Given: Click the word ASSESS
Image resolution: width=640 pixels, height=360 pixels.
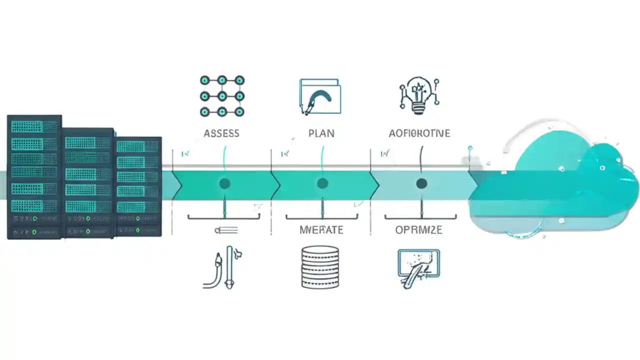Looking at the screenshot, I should point(221,133).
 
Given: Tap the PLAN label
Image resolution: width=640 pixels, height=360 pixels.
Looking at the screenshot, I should point(321,133).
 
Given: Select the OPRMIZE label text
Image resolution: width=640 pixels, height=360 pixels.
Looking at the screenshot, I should point(418,230).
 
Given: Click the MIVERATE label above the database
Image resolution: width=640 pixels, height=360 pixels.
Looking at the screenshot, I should point(321,230).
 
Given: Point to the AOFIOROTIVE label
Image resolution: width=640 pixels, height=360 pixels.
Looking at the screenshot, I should point(419,133).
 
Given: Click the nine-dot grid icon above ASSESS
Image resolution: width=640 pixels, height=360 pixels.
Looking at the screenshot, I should point(222,96).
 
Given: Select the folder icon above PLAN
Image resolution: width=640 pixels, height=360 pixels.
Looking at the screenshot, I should point(320,96).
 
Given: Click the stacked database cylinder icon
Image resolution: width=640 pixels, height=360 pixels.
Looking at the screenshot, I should point(320,266).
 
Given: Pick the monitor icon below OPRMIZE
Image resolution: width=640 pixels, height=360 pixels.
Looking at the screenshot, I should point(418,266).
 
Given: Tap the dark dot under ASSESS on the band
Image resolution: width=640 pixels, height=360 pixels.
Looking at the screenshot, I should point(224,184).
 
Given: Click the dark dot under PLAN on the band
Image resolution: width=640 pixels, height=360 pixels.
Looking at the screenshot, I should point(322,184).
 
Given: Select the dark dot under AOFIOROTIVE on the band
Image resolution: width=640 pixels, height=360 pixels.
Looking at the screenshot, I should point(421,184).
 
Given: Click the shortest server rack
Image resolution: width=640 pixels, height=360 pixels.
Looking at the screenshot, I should point(138,186).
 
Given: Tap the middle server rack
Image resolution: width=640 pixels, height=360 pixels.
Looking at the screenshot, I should point(88,182).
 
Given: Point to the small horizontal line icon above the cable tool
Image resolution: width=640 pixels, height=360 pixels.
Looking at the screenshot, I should point(226,230).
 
